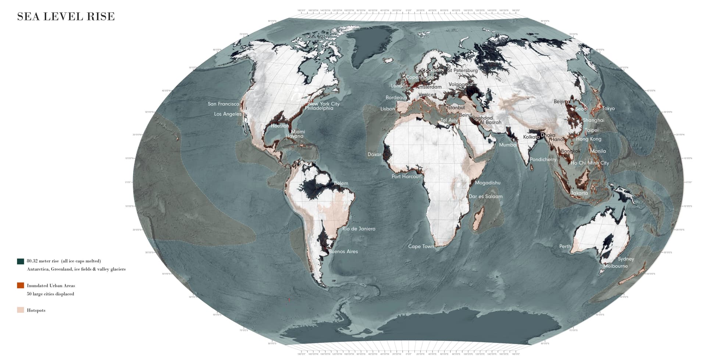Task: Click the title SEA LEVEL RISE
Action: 66,17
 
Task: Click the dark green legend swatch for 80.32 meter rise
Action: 21,261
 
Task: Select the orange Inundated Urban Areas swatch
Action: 21,285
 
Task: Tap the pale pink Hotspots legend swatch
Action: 21,310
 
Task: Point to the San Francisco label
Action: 223,104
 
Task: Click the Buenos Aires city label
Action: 343,252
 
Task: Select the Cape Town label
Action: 421,246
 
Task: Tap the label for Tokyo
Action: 608,108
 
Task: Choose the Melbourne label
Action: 616,266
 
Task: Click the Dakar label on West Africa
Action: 374,154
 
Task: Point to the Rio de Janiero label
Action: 359,229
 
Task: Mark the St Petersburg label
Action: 463,70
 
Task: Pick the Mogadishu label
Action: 488,183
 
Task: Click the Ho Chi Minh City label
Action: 590,163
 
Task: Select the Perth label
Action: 565,246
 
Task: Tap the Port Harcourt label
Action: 407,177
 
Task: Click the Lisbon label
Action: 388,109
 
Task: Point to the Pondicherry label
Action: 543,160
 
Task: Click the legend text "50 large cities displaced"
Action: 50,294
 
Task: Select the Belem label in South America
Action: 341,183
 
